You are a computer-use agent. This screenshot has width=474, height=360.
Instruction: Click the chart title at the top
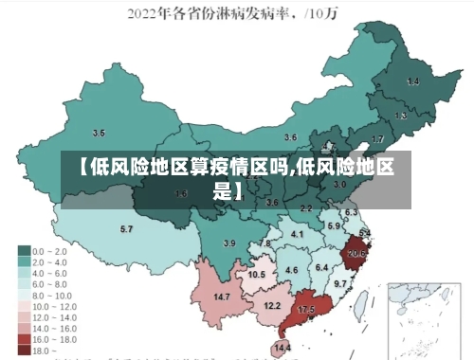click(237, 14)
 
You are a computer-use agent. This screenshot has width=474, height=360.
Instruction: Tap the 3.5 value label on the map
click(99, 133)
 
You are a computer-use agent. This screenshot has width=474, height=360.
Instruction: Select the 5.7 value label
click(126, 229)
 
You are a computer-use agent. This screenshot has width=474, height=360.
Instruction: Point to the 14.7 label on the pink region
click(222, 297)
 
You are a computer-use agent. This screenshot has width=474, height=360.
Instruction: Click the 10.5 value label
click(256, 275)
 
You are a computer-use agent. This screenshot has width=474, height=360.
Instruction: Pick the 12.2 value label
click(272, 305)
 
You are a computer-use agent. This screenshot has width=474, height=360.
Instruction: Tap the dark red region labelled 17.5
click(306, 310)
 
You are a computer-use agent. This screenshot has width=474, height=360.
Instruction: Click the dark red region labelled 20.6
click(356, 253)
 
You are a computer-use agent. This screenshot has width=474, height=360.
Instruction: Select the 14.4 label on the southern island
click(283, 349)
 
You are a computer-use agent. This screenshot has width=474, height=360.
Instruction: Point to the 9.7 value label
click(340, 283)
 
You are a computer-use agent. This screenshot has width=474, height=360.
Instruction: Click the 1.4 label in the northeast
click(412, 82)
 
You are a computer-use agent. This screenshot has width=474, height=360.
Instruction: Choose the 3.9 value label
click(228, 243)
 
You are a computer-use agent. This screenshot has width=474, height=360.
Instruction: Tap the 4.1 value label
click(297, 234)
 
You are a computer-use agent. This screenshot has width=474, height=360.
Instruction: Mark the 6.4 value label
click(321, 268)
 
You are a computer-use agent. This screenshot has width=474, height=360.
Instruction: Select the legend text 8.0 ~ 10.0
click(55, 294)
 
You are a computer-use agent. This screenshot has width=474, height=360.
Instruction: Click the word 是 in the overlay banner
click(222, 190)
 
